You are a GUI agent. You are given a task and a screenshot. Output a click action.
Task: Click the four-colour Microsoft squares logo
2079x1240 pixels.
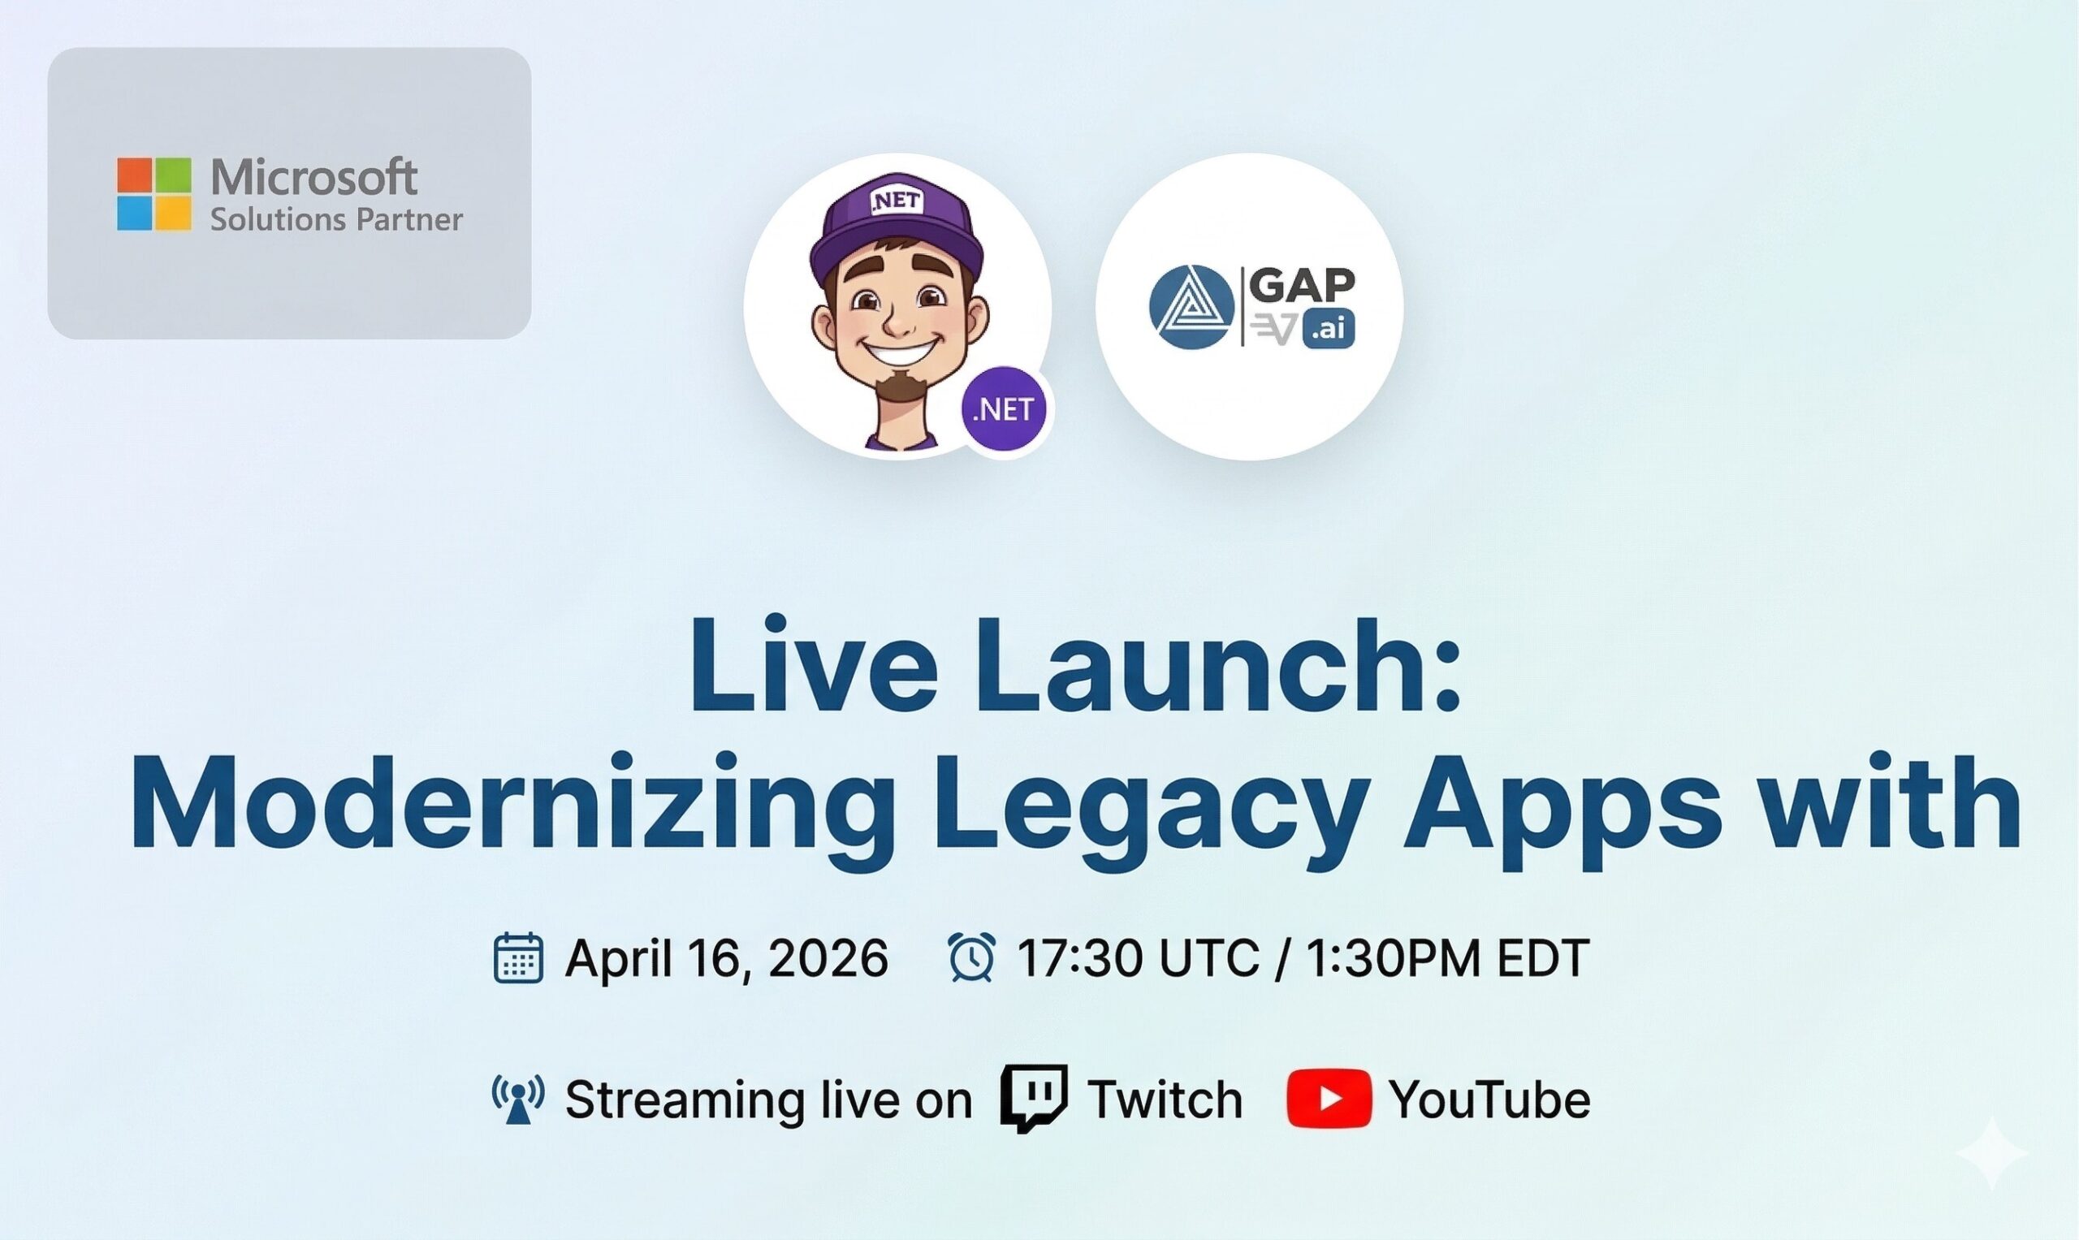[x=153, y=194]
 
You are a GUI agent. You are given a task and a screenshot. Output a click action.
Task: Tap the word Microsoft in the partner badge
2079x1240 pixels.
[x=313, y=177]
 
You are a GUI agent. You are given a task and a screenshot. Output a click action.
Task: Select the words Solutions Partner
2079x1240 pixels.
[x=336, y=220]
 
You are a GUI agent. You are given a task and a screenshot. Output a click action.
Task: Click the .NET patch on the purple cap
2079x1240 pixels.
[x=897, y=201]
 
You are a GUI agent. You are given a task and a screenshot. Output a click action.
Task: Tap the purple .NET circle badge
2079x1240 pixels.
[x=1003, y=409]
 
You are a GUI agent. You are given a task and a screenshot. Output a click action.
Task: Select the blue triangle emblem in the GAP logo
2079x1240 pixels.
[x=1191, y=307]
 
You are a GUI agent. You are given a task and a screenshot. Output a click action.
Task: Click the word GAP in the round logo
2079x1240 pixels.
[x=1302, y=286]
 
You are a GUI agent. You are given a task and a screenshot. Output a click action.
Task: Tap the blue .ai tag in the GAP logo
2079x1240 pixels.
[x=1328, y=330]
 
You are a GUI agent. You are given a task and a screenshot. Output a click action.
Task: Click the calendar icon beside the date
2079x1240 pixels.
[x=518, y=957]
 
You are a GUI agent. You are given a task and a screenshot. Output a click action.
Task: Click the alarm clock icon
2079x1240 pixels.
[x=971, y=957]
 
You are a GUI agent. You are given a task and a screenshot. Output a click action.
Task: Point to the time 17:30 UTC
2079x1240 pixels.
[x=1137, y=957]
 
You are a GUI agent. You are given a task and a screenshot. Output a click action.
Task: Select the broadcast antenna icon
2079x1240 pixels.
[x=518, y=1098]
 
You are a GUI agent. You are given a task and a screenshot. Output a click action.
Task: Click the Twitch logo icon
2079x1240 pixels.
[x=1034, y=1098]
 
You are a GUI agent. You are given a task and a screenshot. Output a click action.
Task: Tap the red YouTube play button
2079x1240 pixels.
[x=1329, y=1098]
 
